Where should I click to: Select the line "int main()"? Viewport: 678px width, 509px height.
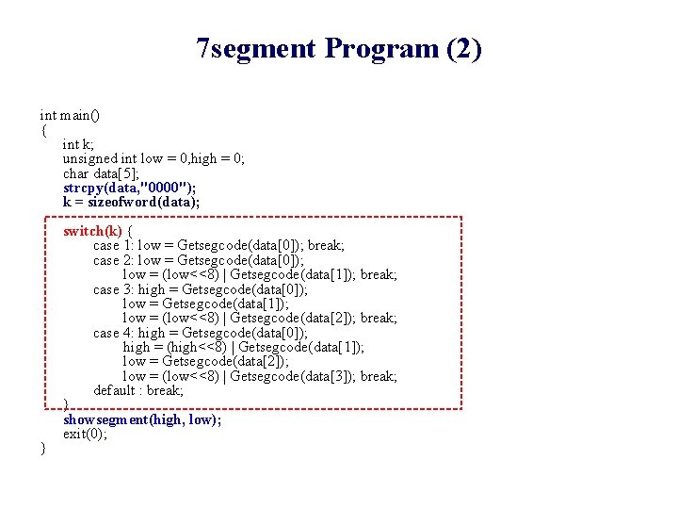(71, 115)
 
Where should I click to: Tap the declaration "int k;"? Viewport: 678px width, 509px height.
(78, 144)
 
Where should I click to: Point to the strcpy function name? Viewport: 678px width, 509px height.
(82, 188)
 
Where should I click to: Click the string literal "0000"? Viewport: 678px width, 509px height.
(163, 188)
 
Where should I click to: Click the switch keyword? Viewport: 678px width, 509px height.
(82, 231)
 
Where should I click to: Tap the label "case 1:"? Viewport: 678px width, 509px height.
(113, 246)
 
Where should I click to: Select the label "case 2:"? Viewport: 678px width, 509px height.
(113, 260)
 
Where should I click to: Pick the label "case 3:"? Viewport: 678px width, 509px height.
(113, 289)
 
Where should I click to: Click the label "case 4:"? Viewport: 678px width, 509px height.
(113, 333)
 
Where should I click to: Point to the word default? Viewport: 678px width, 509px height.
(114, 390)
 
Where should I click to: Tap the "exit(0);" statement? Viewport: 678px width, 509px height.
(85, 434)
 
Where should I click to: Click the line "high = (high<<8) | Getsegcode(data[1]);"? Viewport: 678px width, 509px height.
(244, 347)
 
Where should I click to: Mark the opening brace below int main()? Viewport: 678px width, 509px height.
(43, 130)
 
